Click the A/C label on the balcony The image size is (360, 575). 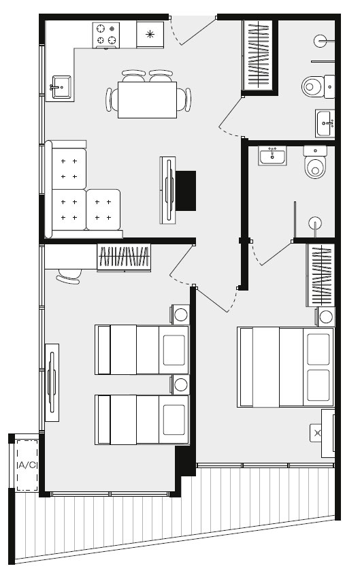click(x=27, y=465)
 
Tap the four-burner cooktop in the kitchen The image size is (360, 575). click(x=106, y=35)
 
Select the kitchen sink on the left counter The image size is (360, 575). click(x=61, y=87)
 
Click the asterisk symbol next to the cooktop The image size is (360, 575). click(x=150, y=35)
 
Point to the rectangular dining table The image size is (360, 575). click(x=147, y=100)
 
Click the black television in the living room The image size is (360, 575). click(x=186, y=191)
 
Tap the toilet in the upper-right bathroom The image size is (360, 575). click(x=318, y=86)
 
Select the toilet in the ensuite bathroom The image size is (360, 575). click(x=315, y=162)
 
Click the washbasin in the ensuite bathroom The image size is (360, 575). click(x=272, y=156)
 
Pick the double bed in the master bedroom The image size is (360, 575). click(x=286, y=367)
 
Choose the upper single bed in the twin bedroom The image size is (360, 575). click(x=142, y=350)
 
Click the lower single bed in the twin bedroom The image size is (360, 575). click(x=142, y=420)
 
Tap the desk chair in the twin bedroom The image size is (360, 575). click(x=69, y=276)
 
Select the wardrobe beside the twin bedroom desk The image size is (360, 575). click(x=124, y=257)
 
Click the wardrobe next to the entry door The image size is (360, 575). click(x=259, y=55)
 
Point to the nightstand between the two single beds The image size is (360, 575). click(x=180, y=384)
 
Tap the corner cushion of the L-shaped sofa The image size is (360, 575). click(x=69, y=168)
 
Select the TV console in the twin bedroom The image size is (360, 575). click(x=52, y=382)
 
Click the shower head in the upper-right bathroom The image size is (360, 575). click(x=321, y=41)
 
